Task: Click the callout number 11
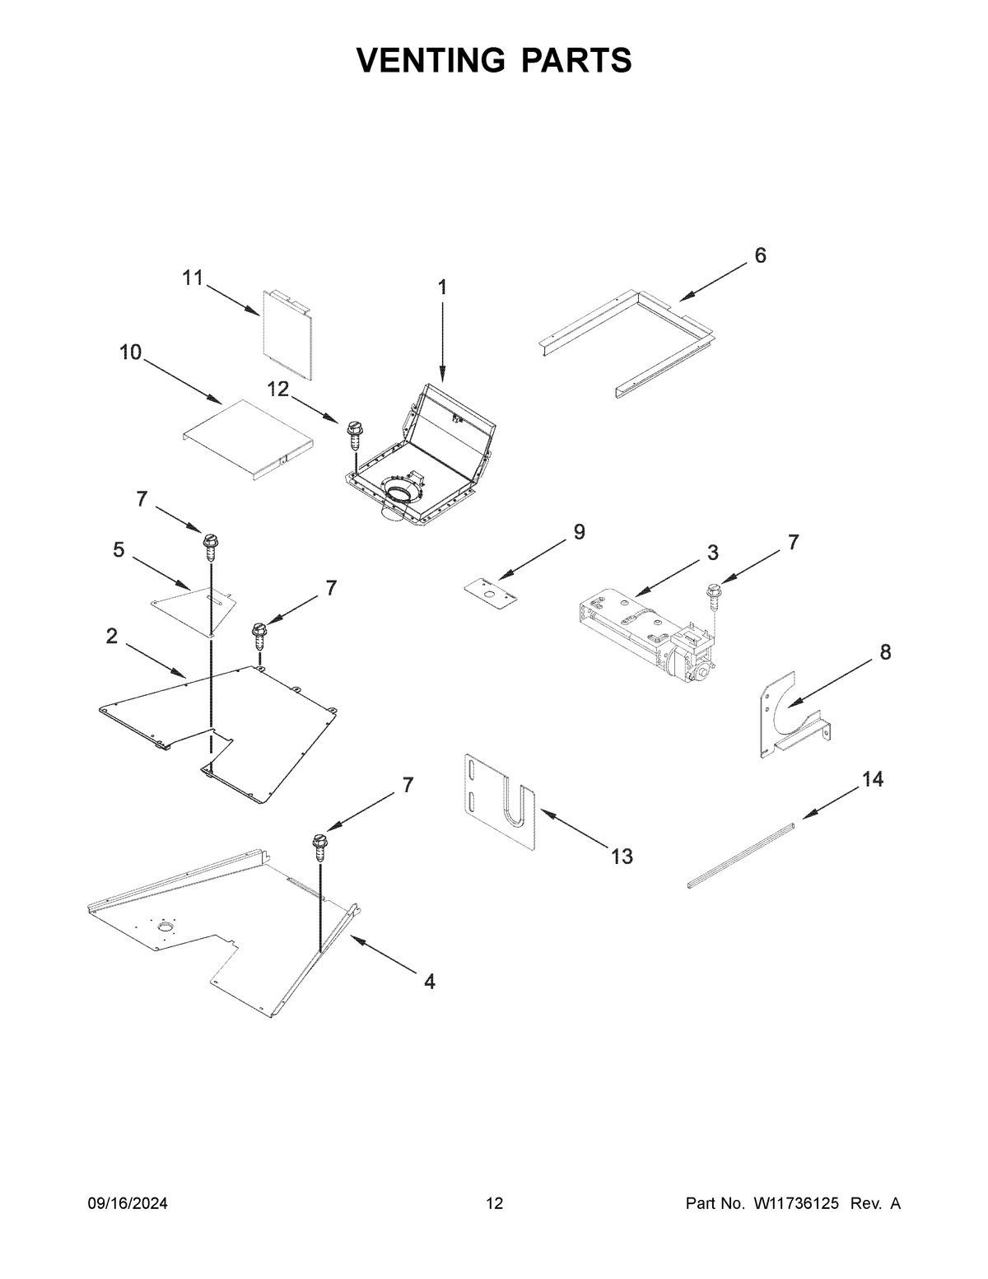[x=192, y=278]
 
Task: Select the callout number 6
[x=760, y=256]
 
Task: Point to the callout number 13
[x=622, y=857]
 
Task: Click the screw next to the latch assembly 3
[x=713, y=595]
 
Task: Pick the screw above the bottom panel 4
[x=319, y=847]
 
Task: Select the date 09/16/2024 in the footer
[x=128, y=1204]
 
